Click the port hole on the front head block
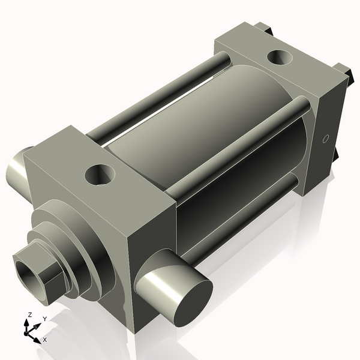[100, 175]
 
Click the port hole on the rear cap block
[280, 58]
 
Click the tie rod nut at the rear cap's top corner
[264, 28]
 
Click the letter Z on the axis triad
[29, 315]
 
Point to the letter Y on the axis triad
[45, 319]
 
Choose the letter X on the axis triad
[44, 340]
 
